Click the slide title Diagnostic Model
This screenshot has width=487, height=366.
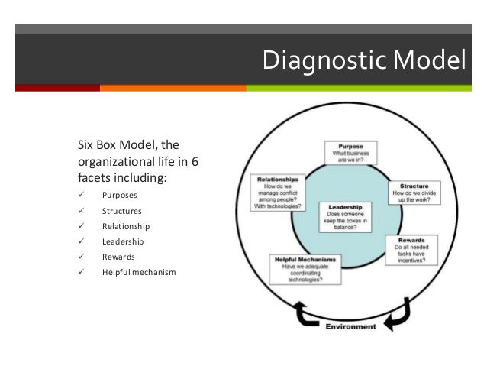(x=363, y=59)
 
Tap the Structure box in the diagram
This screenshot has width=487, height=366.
(x=414, y=194)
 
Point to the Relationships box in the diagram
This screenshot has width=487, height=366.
(x=279, y=193)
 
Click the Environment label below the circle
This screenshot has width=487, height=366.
(x=350, y=327)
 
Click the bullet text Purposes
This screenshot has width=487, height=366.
(x=121, y=195)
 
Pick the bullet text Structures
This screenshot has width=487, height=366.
(x=122, y=211)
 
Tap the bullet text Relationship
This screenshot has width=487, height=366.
(x=126, y=226)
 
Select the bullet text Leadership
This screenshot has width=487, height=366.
(x=123, y=241)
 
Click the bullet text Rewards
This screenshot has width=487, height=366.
(x=118, y=257)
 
